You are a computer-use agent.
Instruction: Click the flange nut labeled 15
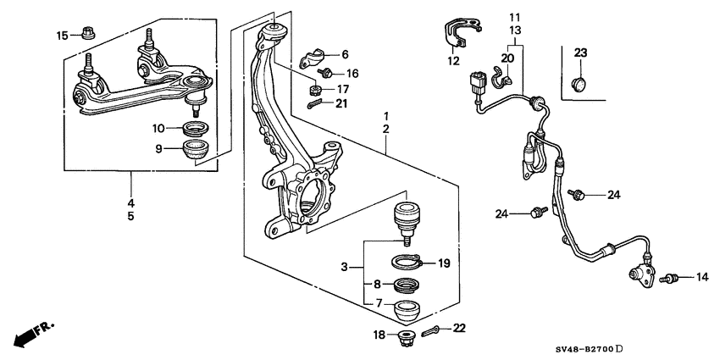(88, 33)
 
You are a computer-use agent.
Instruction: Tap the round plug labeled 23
(579, 85)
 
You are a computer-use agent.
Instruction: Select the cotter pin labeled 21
(316, 104)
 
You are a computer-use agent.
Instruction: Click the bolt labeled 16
(325, 73)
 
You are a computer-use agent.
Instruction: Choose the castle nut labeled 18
(406, 336)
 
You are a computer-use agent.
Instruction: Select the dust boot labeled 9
(195, 150)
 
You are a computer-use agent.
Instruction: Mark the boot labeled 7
(407, 311)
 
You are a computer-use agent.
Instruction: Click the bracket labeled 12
(462, 32)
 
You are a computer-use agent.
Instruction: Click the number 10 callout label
(158, 129)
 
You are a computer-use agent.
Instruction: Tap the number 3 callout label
(345, 267)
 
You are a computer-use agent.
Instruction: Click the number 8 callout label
(377, 285)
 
